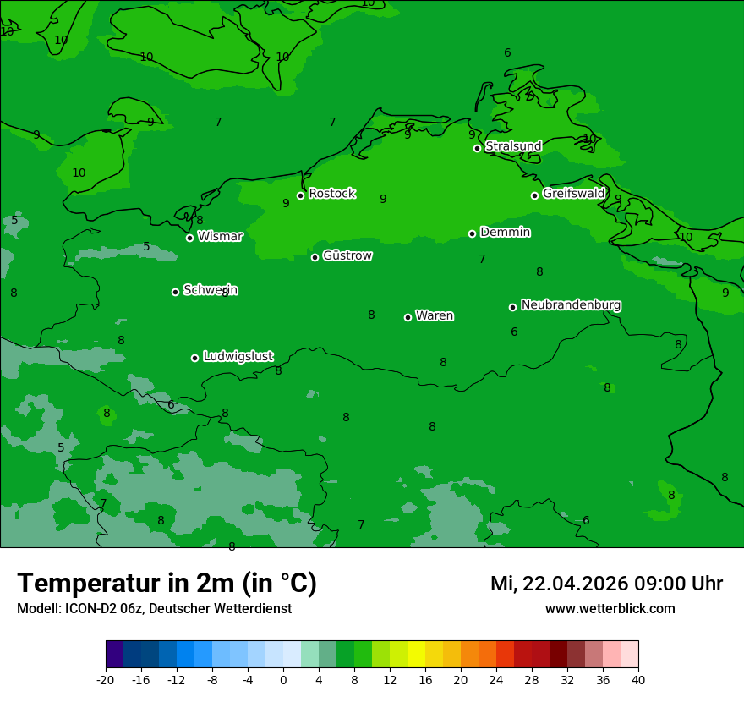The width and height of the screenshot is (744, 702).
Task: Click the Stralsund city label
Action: tap(513, 146)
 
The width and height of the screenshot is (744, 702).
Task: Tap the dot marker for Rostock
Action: tap(300, 195)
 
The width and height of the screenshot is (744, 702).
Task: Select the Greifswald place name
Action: tap(573, 194)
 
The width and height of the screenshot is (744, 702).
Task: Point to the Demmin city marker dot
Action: tap(473, 233)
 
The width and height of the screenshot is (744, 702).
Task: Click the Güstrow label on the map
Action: tap(347, 255)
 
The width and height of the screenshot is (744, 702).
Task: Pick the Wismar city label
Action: tap(220, 236)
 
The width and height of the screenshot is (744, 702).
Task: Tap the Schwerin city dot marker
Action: tap(175, 292)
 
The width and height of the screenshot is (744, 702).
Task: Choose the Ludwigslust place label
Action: tap(238, 356)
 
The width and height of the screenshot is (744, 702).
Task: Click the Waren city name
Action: tap(435, 315)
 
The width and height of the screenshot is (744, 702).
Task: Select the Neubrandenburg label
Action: tap(571, 304)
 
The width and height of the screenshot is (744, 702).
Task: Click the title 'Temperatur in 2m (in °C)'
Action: tap(167, 583)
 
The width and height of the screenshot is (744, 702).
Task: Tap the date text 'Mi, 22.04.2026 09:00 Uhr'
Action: tap(606, 584)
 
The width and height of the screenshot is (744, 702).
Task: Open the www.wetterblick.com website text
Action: tap(610, 608)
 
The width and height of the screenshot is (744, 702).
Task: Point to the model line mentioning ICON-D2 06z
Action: tap(154, 608)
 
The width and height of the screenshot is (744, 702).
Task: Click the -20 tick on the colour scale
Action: tap(106, 679)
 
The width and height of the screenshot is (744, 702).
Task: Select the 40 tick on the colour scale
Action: tap(638, 679)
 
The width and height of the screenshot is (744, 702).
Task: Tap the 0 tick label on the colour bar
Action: tap(283, 679)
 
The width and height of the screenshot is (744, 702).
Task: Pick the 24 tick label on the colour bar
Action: tap(496, 679)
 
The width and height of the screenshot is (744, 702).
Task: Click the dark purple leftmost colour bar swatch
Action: tap(114, 655)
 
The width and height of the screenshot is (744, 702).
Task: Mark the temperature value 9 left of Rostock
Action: tap(286, 203)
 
